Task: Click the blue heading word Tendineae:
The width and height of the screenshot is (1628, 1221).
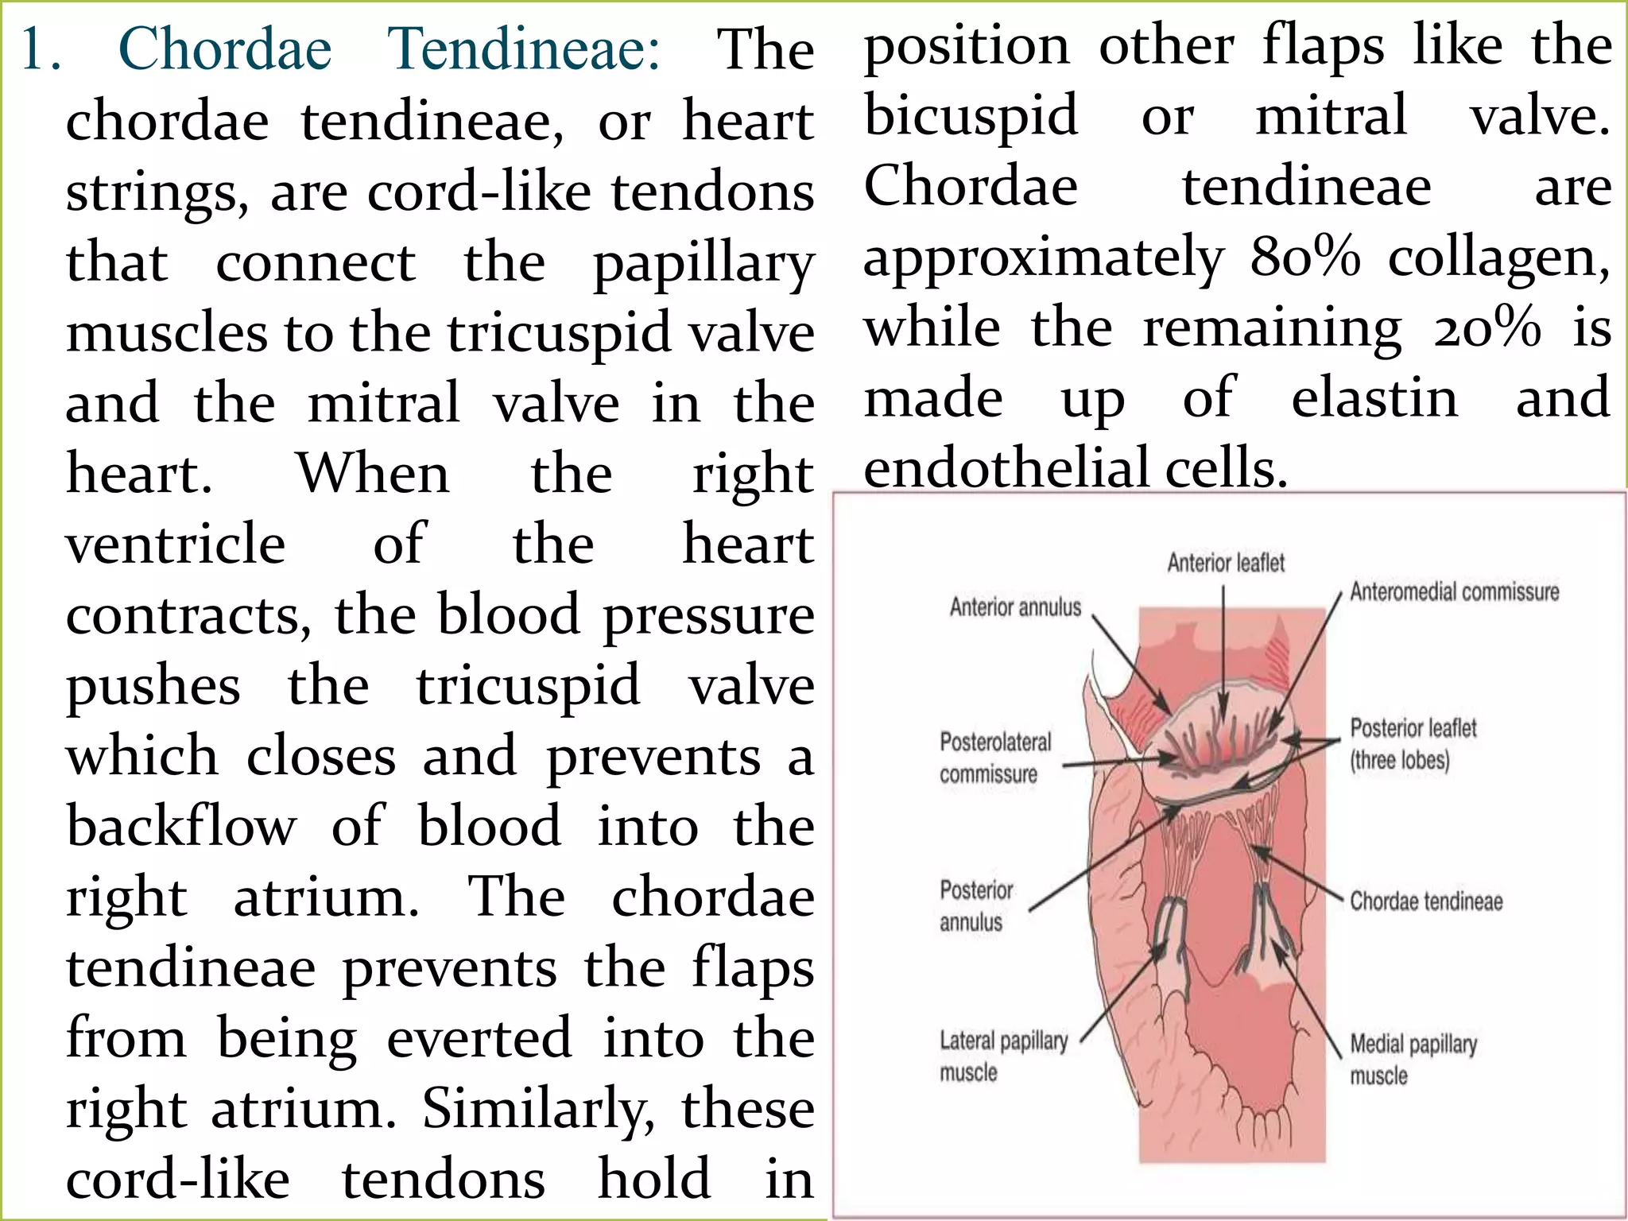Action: coord(524,49)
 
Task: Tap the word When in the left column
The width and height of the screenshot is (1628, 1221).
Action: coord(373,474)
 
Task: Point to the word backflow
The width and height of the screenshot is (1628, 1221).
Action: coord(181,827)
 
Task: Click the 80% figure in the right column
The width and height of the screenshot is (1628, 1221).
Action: coord(1304,257)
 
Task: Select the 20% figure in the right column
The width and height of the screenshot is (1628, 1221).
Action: coord(1487,328)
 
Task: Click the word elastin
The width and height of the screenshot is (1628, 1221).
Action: coord(1374,397)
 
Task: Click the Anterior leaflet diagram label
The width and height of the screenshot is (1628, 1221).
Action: coord(1226,563)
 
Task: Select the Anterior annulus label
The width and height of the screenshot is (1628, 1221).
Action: coord(1015,607)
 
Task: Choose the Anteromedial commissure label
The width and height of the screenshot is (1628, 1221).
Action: coord(1454,591)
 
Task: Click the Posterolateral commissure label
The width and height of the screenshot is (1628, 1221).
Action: coord(994,758)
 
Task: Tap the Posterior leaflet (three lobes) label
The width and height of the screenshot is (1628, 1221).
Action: coord(1413,744)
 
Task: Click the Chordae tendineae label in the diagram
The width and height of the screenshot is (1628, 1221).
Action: coord(1426,901)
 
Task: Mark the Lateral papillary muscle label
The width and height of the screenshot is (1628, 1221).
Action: coord(1003,1056)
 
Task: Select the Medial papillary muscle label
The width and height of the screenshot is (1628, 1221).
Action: coord(1413,1059)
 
